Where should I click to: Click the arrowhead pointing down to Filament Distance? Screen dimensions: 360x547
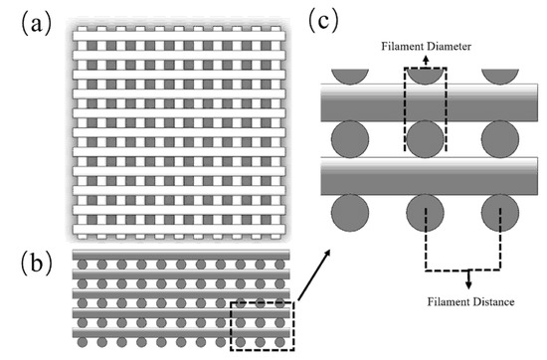click(x=469, y=284)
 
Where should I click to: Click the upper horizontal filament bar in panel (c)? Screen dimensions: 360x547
click(x=428, y=102)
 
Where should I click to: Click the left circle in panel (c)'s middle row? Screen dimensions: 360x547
click(x=348, y=139)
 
